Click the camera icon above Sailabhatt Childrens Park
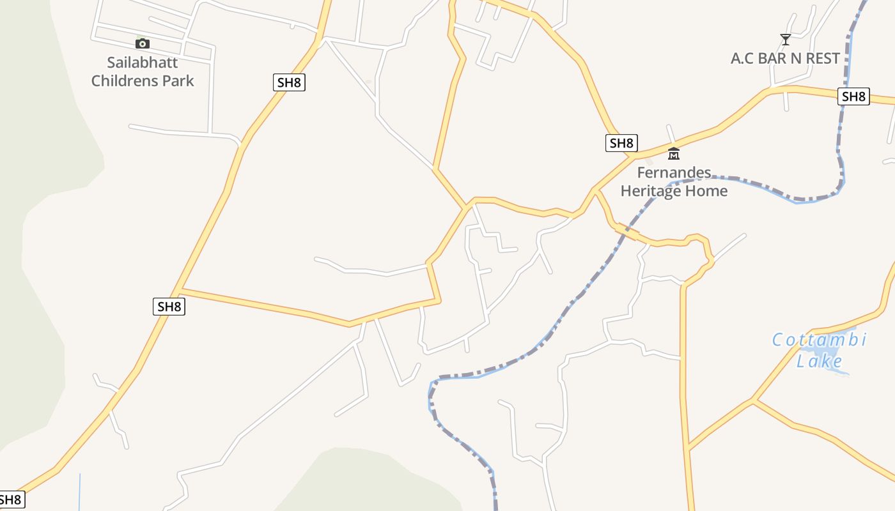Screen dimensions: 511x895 [x=143, y=43]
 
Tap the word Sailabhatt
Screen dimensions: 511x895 [x=143, y=63]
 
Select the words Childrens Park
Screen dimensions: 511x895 [x=143, y=81]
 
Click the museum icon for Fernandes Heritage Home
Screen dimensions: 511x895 [x=674, y=153]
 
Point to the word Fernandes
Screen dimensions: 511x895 [x=674, y=172]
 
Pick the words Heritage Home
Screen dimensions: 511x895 [x=674, y=191]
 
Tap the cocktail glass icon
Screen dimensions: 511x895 [x=786, y=40]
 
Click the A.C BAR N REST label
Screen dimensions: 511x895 [x=785, y=59]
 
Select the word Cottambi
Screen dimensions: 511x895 [x=819, y=340]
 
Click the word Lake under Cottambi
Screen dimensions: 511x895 [x=819, y=362]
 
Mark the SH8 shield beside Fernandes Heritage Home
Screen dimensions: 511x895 [x=621, y=143]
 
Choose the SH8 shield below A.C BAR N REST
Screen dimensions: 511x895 [x=853, y=96]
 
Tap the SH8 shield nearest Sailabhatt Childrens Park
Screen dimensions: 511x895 [x=289, y=82]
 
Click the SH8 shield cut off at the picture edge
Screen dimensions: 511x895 [x=11, y=500]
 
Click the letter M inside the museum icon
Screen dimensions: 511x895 [x=674, y=155]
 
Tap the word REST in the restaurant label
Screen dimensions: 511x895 [x=823, y=59]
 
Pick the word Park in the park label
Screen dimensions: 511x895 [x=177, y=81]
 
